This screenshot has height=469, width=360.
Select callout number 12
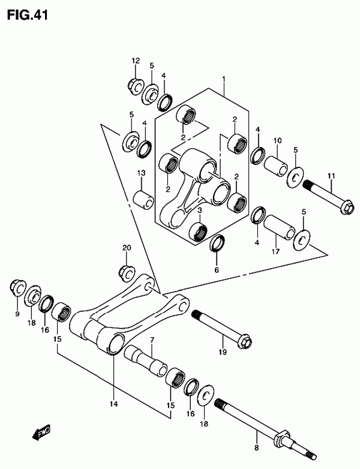coord(136,61)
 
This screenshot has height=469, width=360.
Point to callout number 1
coord(223,79)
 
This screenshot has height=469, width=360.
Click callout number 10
coord(277,141)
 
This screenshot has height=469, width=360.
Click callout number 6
coord(217,269)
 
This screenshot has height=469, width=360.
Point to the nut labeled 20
coord(126,272)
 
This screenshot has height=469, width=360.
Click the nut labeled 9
coord(17,289)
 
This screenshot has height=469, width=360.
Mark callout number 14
coord(113,404)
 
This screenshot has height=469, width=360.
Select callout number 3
coord(199,210)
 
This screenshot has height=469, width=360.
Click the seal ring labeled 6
coord(217,243)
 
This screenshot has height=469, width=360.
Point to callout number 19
coord(222,352)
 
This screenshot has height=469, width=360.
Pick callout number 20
coord(126,248)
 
